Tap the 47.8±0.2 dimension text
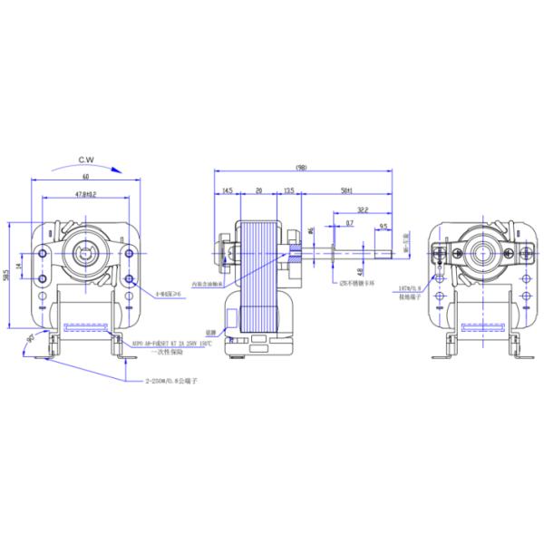pyautogui.click(x=86, y=194)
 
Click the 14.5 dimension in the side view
pyautogui.click(x=227, y=191)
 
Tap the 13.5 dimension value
pyautogui.click(x=287, y=191)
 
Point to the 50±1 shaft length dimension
pyautogui.click(x=346, y=191)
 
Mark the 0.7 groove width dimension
pyautogui.click(x=349, y=223)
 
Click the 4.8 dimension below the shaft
pyautogui.click(x=360, y=270)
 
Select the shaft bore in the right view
pyautogui.click(x=476, y=247)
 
